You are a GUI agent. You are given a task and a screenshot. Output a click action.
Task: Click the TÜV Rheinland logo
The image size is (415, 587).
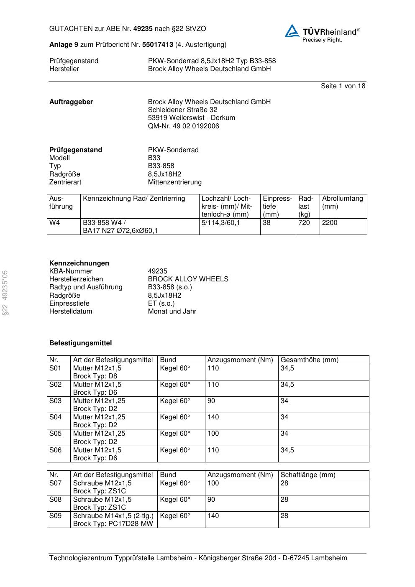click(322, 33)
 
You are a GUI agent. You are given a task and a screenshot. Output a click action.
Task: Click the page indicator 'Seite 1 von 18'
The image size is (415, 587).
click(343, 86)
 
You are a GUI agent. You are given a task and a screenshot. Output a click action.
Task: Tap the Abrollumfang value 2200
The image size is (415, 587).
click(330, 223)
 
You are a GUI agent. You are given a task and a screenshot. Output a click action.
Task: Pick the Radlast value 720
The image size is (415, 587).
click(304, 223)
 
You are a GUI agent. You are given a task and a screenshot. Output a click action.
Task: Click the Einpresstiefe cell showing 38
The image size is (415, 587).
click(267, 223)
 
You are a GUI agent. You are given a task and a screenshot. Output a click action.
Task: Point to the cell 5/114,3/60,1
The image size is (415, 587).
click(221, 223)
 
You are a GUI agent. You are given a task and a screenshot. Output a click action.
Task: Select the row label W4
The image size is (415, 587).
click(55, 223)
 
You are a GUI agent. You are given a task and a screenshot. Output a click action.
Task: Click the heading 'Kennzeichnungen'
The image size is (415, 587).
click(79, 263)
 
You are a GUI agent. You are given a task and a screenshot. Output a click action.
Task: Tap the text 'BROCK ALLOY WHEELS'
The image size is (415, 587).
click(188, 279)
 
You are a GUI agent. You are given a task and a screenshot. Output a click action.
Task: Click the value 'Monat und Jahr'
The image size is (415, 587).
click(172, 311)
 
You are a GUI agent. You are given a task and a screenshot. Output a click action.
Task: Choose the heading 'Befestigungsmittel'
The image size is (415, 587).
click(81, 343)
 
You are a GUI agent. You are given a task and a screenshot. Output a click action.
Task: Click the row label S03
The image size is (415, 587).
click(55, 401)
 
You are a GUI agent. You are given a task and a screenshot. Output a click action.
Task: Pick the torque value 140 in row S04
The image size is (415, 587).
click(213, 417)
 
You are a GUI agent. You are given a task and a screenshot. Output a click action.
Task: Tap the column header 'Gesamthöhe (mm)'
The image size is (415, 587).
click(309, 360)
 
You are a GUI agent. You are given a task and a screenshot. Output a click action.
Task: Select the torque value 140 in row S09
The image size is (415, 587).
click(213, 516)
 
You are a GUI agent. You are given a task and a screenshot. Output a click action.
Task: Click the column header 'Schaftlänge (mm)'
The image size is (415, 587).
click(308, 475)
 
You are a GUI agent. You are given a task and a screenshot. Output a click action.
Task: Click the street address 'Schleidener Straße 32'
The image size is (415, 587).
click(182, 110)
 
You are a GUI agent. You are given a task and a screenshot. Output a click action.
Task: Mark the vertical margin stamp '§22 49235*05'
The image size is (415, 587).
click(5, 293)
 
